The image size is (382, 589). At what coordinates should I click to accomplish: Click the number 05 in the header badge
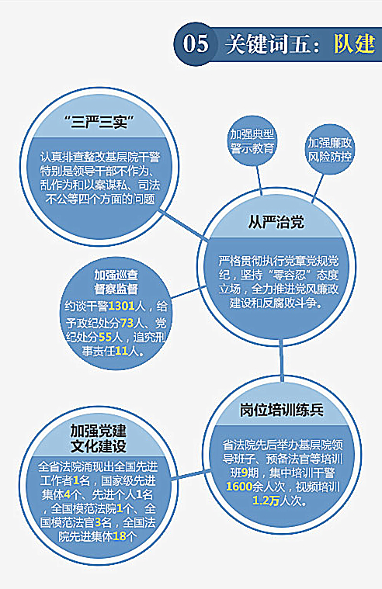point(195,43)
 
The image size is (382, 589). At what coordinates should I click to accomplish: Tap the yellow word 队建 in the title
point(354,43)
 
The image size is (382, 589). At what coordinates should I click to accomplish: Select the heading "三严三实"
point(99,122)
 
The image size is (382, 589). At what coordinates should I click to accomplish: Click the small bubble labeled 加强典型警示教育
point(252,141)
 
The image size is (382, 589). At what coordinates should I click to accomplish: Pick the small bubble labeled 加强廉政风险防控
point(330,149)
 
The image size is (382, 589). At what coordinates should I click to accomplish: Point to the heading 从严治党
point(276,222)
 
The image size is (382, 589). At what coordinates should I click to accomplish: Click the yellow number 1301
point(121,307)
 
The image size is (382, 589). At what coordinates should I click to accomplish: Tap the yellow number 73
point(127,323)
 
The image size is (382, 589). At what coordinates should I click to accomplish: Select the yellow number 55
point(106,337)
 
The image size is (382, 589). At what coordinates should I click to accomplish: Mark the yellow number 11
point(121,352)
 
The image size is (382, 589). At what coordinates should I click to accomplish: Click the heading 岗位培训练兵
point(282,410)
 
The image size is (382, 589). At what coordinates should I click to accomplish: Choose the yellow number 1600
point(239,487)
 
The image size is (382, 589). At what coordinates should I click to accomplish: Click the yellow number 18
point(120,535)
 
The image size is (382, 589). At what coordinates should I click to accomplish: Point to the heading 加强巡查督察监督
point(116,282)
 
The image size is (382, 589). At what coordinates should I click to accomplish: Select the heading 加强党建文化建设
point(99,438)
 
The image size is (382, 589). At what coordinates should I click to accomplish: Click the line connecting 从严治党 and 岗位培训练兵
point(281,360)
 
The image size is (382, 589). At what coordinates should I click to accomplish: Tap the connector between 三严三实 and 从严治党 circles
point(183,225)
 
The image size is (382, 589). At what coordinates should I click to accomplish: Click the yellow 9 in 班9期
point(245,473)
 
